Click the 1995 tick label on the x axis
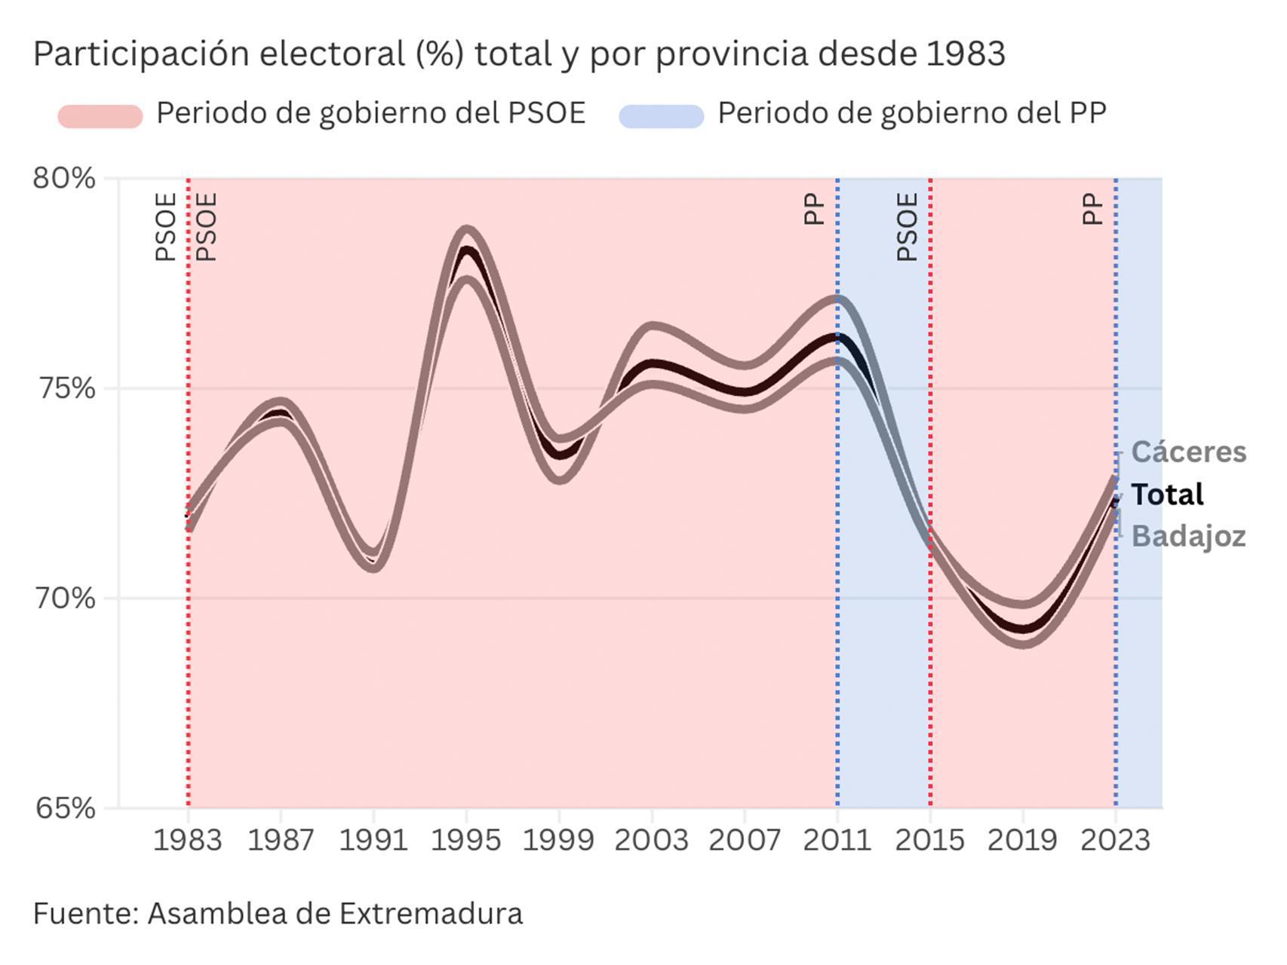tap(465, 840)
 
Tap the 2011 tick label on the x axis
tap(837, 840)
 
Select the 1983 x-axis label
tap(188, 840)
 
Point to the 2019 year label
tap(1022, 840)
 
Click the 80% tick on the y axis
tap(64, 179)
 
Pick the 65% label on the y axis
tap(65, 808)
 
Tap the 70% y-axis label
tap(65, 599)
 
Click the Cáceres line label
tap(1189, 452)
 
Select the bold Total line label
tap(1168, 495)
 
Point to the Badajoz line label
tap(1189, 536)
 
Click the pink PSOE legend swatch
tap(100, 116)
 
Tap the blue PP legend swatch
tap(661, 116)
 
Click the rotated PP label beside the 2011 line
tap(815, 209)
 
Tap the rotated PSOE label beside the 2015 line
tap(908, 227)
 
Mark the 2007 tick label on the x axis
tap(745, 840)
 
